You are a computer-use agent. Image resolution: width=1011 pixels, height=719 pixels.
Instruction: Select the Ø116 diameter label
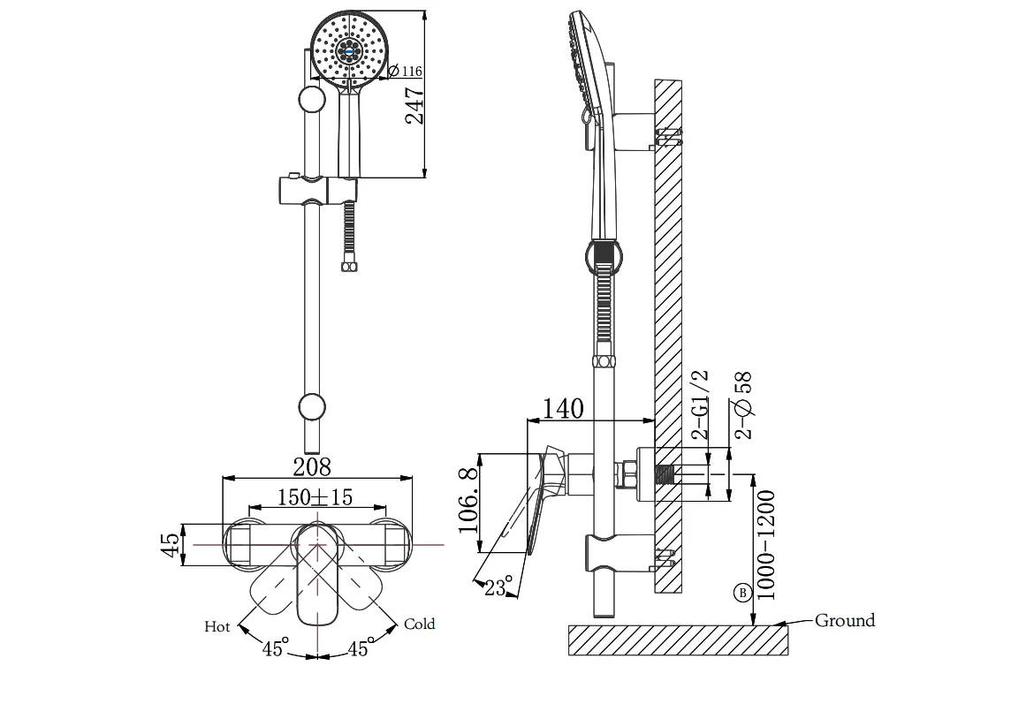point(405,72)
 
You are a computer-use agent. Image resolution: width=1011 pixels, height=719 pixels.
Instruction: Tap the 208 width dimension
point(312,466)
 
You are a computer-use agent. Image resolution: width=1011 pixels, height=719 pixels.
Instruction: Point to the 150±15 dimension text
point(315,497)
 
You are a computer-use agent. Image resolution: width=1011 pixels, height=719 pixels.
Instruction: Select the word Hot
point(217,626)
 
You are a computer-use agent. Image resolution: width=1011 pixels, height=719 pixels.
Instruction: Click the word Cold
point(419,624)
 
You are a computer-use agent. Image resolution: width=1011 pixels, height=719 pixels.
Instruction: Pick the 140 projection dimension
point(562,408)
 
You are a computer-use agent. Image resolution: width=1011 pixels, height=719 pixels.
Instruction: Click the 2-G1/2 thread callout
point(700,405)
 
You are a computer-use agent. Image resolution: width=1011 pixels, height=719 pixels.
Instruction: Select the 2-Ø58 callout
point(743,405)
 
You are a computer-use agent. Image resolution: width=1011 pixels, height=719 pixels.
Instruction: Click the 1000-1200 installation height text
point(767,544)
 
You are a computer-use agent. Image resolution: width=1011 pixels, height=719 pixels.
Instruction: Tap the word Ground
point(845,620)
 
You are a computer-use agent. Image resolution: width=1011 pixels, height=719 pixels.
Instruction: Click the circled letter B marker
point(742,593)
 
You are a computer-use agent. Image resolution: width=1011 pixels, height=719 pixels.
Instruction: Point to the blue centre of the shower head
point(351,50)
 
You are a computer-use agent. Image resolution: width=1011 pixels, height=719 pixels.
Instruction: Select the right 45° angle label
point(358,649)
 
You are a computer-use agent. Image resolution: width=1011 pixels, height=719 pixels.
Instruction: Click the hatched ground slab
point(677,640)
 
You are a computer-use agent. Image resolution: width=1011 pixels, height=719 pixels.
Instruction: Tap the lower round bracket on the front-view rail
point(311,407)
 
